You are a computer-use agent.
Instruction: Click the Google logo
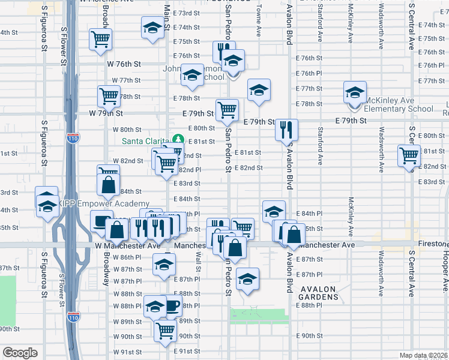click(x=20, y=352)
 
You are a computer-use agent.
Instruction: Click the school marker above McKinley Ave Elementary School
click(x=355, y=92)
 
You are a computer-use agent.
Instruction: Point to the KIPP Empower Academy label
click(x=104, y=203)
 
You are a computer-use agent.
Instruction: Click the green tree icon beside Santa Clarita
click(x=178, y=140)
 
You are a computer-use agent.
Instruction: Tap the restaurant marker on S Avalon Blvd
click(x=286, y=129)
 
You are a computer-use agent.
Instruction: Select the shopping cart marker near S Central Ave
click(x=409, y=155)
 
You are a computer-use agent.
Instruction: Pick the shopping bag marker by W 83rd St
click(x=108, y=185)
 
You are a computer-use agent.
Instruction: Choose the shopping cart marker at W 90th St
click(x=165, y=329)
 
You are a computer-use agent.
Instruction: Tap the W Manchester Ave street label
click(x=127, y=245)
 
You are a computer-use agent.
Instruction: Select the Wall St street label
click(x=198, y=263)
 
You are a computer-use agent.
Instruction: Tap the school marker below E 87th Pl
click(x=247, y=278)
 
